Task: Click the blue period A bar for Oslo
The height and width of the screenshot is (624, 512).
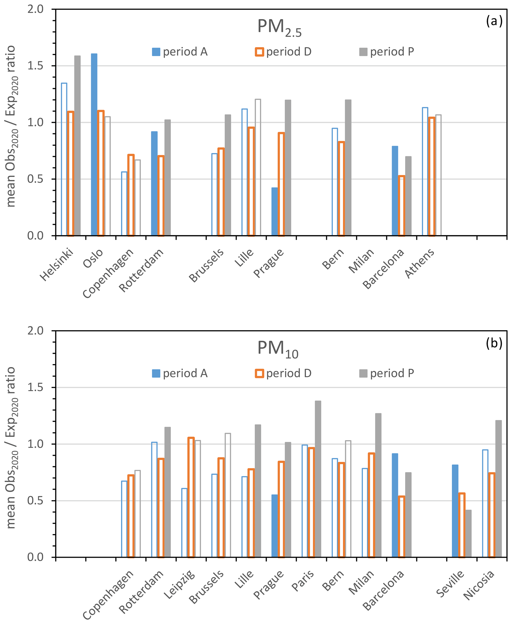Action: [94, 144]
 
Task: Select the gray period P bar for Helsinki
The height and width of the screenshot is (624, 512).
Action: [77, 145]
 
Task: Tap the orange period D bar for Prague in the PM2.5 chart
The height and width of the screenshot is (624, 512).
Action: [281, 184]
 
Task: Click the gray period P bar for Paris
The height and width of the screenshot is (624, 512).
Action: [318, 479]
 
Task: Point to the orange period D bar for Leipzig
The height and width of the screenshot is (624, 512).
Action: [191, 497]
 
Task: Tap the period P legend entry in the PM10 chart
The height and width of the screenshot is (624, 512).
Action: [387, 373]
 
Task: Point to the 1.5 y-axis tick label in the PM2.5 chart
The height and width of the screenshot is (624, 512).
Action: [35, 66]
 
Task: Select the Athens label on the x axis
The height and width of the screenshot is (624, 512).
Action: [420, 263]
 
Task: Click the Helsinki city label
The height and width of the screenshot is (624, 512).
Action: [57, 265]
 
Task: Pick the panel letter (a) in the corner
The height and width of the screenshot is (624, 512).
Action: [494, 22]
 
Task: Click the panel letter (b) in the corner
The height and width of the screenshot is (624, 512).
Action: [494, 343]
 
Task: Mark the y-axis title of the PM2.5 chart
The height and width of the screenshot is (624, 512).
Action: [11, 126]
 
